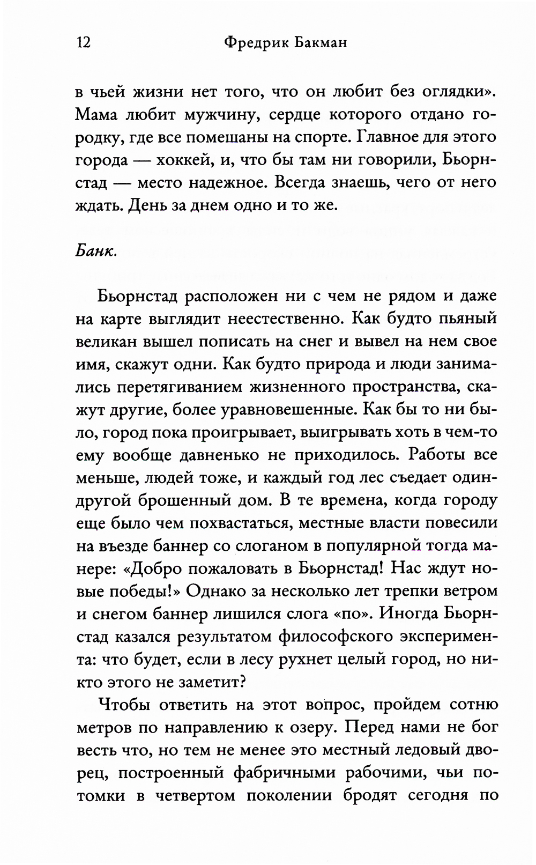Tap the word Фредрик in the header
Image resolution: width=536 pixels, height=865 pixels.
click(x=255, y=42)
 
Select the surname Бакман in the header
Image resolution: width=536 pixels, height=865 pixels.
click(x=321, y=42)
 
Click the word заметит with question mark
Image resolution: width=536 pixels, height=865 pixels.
click(x=210, y=682)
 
